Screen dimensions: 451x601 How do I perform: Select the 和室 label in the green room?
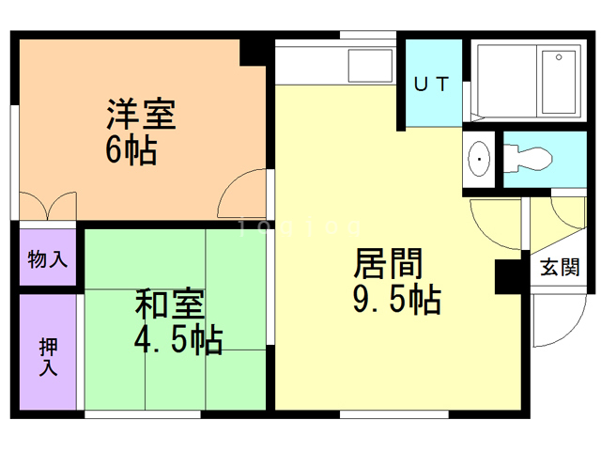pos(170,306)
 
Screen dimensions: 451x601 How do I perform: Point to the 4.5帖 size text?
pos(177,339)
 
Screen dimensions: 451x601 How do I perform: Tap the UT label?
pos(433,84)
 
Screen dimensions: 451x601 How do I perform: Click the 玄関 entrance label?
pos(560,268)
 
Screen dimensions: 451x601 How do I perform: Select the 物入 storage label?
pos(47,258)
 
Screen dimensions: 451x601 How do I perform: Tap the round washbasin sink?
pos(480,163)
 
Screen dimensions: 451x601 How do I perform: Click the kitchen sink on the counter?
pos(371,65)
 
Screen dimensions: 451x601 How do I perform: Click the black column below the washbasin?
pos(508,273)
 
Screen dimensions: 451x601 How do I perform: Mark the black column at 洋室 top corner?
pos(254,52)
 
